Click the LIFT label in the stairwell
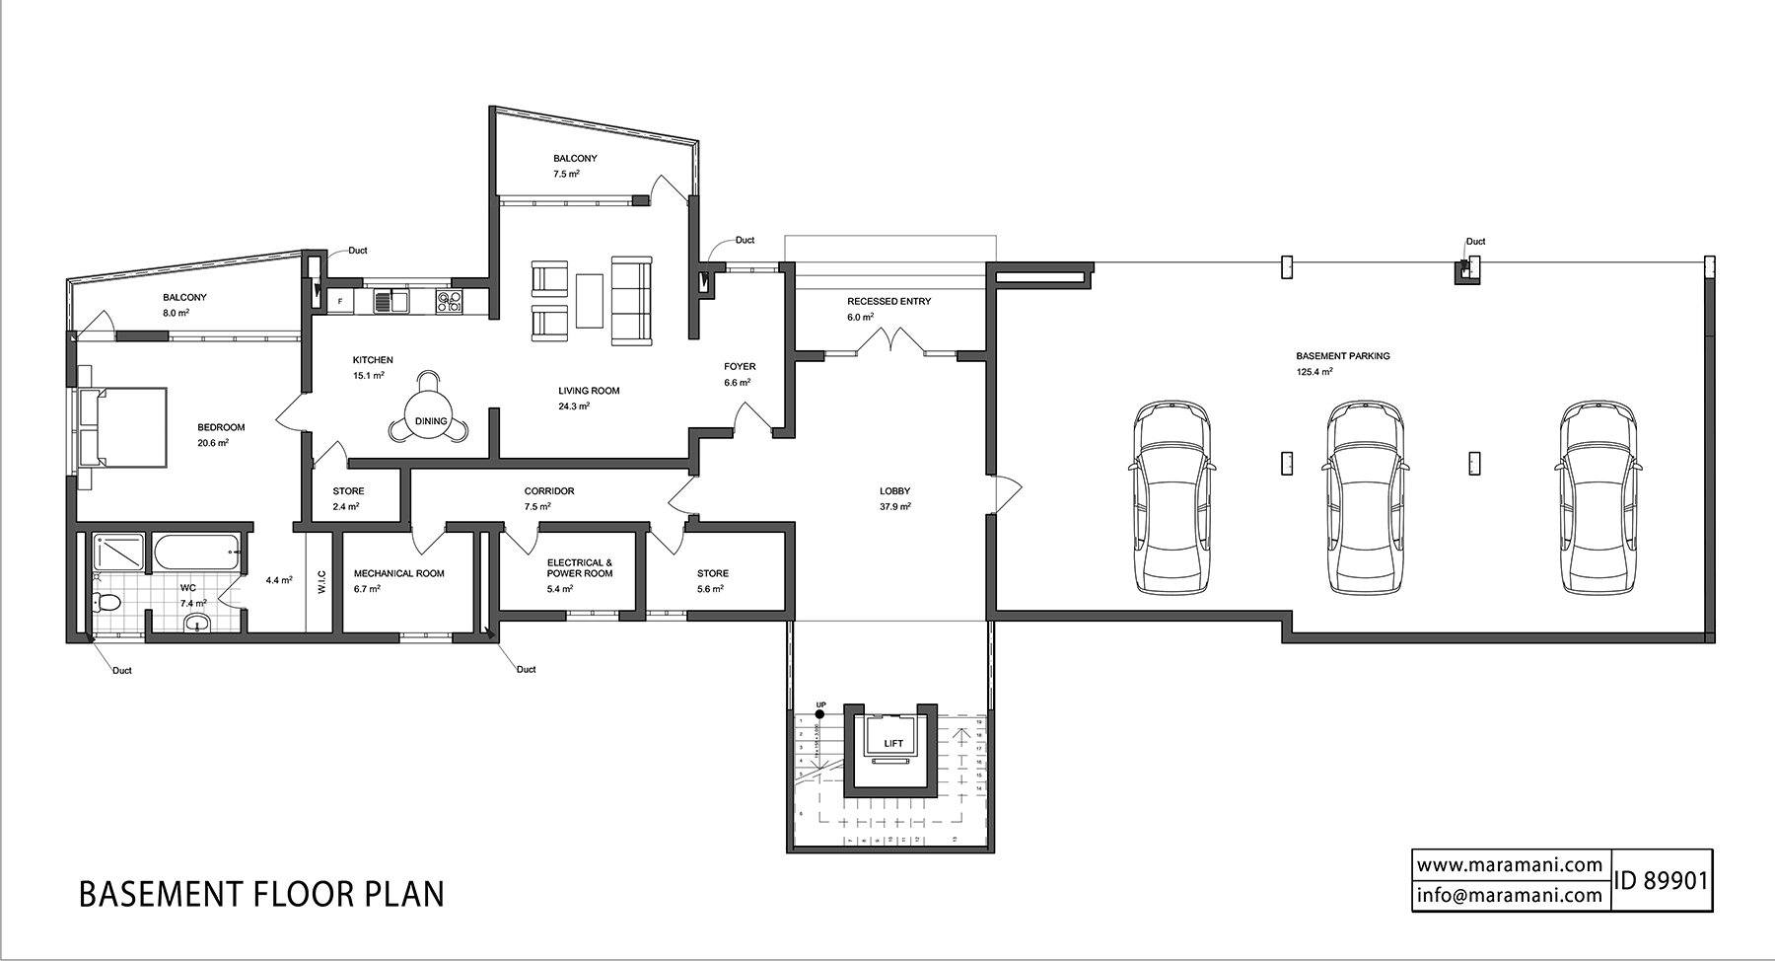tap(893, 743)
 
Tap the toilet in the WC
tap(106, 601)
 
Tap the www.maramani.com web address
tap(1510, 865)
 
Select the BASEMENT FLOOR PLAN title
tap(261, 894)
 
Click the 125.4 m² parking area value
tap(1314, 372)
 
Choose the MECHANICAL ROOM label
tap(398, 573)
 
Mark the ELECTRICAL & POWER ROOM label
tap(580, 567)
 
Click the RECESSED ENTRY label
tap(888, 301)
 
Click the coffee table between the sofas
tap(590, 300)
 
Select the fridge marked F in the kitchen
tap(340, 300)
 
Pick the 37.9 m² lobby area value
tap(895, 506)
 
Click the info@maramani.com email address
tap(1510, 895)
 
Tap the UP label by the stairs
tap(821, 704)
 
